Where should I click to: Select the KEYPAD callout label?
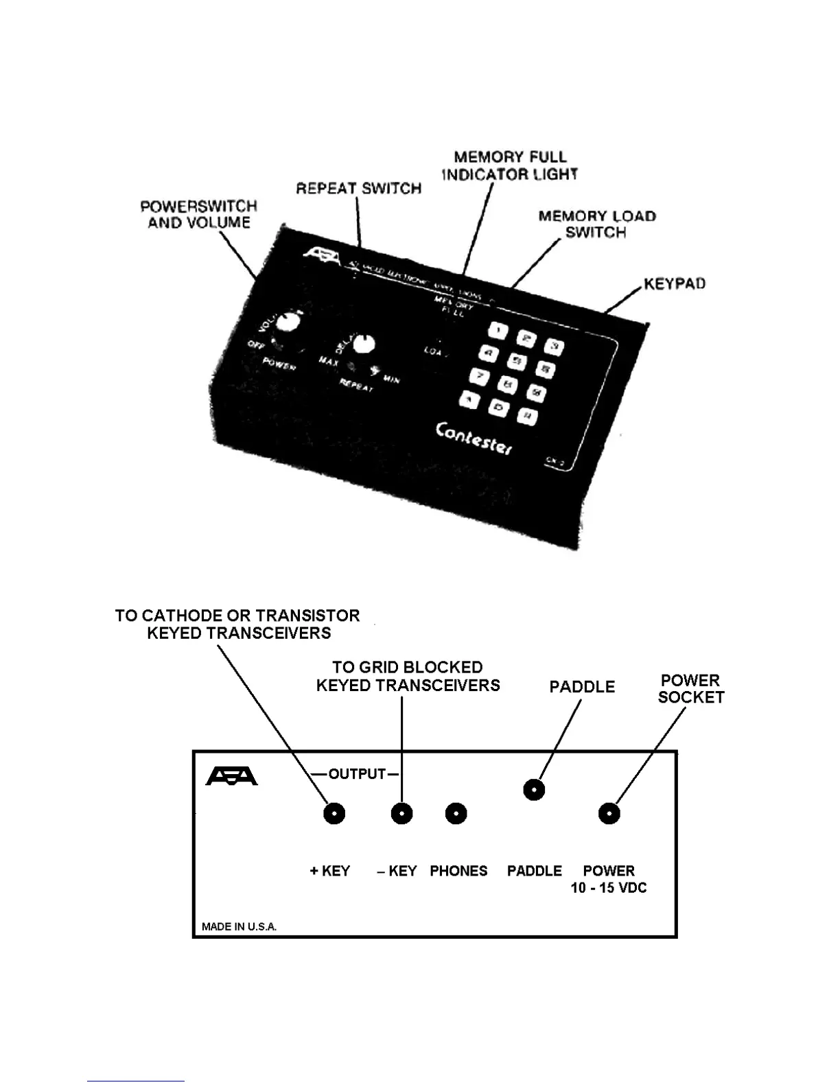point(675,284)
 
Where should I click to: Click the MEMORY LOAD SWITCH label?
point(597,224)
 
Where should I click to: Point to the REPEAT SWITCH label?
point(359,189)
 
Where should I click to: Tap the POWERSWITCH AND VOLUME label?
point(198,214)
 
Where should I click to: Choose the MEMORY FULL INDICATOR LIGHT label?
point(510,166)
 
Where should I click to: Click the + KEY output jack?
point(334,814)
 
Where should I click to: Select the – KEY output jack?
point(401,814)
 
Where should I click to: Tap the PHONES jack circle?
point(456,814)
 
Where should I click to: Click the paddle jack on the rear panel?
point(534,790)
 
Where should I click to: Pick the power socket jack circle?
point(609,814)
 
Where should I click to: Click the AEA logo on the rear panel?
point(232,776)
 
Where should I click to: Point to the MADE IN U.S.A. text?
point(239,926)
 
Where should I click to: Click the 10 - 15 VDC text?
point(609,888)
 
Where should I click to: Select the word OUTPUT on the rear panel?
point(357,774)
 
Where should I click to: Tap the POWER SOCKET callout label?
point(691,689)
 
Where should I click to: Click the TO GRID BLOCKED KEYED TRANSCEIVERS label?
point(408,676)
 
